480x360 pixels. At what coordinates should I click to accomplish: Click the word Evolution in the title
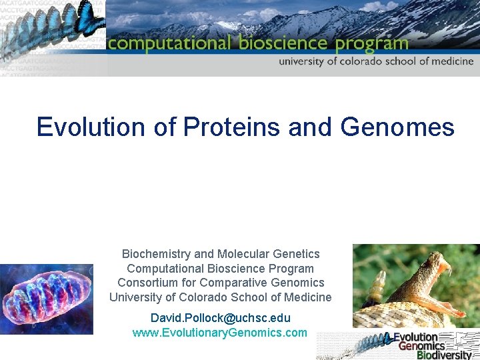click(x=91, y=127)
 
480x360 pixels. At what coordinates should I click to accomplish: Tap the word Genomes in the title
click(x=397, y=127)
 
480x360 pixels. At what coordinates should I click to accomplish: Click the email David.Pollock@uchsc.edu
click(x=220, y=318)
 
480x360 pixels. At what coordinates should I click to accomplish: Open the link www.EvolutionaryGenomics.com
click(x=220, y=333)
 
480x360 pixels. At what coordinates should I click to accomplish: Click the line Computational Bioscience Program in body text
click(x=220, y=269)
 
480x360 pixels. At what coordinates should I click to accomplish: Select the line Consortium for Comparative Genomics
click(x=220, y=283)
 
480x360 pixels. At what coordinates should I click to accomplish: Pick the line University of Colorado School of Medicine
click(x=220, y=297)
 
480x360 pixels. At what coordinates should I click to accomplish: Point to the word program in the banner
click(x=371, y=45)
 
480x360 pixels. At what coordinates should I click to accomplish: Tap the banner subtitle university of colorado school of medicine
click(x=376, y=61)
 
